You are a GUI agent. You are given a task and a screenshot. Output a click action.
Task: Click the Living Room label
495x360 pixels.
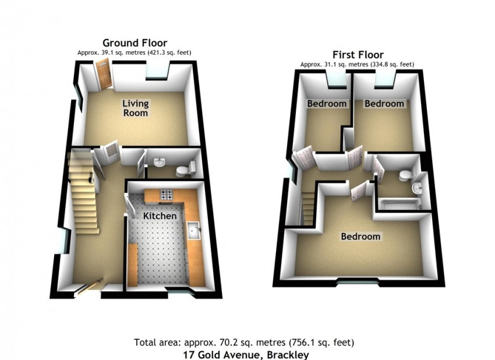click(136, 108)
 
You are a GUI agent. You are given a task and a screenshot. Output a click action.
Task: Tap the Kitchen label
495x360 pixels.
click(160, 216)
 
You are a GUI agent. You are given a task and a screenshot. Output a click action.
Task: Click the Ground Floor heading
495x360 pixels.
click(135, 43)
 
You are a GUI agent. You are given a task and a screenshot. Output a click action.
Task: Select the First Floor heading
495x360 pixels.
click(358, 55)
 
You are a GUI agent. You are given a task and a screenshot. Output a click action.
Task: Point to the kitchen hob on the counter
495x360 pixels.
click(167, 194)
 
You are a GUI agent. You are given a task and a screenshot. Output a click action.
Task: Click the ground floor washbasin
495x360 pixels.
click(160, 162)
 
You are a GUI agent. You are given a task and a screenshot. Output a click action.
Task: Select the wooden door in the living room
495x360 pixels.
click(104, 75)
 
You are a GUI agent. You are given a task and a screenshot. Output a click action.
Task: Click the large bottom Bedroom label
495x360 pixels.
click(360, 237)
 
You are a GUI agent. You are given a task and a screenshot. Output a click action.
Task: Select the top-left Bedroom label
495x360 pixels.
click(327, 104)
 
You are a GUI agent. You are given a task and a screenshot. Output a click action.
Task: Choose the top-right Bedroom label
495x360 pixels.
click(384, 104)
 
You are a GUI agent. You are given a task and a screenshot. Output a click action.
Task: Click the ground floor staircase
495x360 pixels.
click(83, 192)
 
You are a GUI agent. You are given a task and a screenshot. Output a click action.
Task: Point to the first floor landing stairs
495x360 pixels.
click(309, 209)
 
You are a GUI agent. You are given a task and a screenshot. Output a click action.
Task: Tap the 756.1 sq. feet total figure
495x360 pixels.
click(320, 343)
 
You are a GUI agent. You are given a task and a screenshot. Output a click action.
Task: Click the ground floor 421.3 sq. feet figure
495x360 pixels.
click(168, 52)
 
